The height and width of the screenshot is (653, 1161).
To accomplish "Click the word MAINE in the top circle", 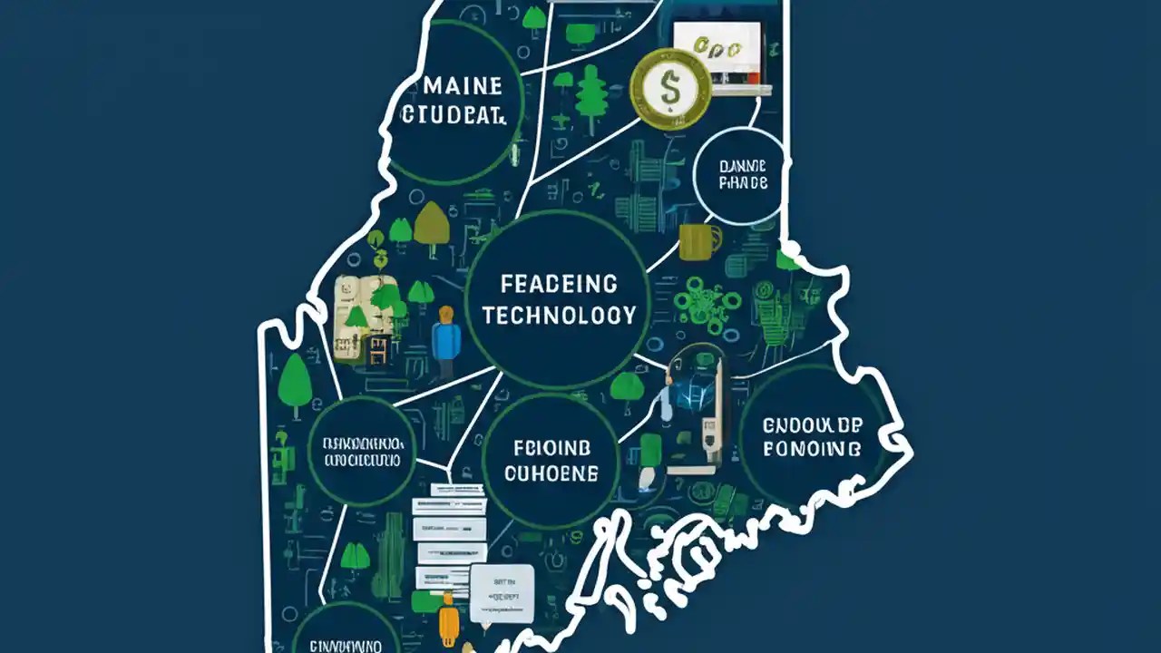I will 463,87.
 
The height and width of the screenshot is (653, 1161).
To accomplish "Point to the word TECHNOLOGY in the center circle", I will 559,315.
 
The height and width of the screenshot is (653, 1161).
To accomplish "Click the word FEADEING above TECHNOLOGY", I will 559,285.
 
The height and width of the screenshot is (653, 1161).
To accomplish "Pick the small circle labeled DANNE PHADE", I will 742,175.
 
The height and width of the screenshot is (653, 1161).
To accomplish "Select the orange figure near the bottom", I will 445,624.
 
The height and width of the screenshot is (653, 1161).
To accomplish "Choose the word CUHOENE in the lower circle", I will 551,473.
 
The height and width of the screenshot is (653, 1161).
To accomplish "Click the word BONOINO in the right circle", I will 812,448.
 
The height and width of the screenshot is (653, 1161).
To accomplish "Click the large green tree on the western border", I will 294,381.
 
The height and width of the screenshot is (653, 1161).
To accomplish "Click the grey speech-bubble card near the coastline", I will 502,591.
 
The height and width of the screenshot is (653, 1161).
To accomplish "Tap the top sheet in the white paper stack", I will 448,491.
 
